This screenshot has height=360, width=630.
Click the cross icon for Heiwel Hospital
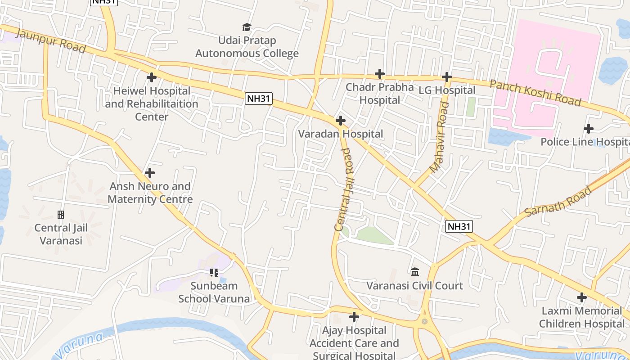pos(152,77)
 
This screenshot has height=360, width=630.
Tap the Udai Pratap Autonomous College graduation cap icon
pos(247,27)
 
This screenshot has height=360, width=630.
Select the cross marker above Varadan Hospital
pos(341,121)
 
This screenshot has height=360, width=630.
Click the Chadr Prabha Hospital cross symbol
pos(380,74)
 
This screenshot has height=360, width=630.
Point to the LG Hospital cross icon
pos(446,77)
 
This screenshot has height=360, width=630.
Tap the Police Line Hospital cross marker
pos(588,129)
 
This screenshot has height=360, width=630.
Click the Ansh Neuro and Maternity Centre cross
pos(150,173)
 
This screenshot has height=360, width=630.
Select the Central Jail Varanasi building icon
pos(61,215)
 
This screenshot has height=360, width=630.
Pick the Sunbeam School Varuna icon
pos(214,272)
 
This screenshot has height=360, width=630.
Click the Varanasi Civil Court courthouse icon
pos(415,272)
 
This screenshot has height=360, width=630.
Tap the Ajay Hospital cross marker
pos(354,317)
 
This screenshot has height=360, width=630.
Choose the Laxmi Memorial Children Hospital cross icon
pos(582,297)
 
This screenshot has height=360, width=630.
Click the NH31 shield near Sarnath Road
pos(459,226)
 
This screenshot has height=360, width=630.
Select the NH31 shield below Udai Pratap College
pos(259,99)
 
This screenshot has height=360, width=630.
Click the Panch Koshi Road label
pos(535,93)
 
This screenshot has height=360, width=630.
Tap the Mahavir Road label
pos(440,138)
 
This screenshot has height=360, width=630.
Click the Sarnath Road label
pos(558,201)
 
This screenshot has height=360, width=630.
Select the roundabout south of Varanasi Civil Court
pos(424,321)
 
